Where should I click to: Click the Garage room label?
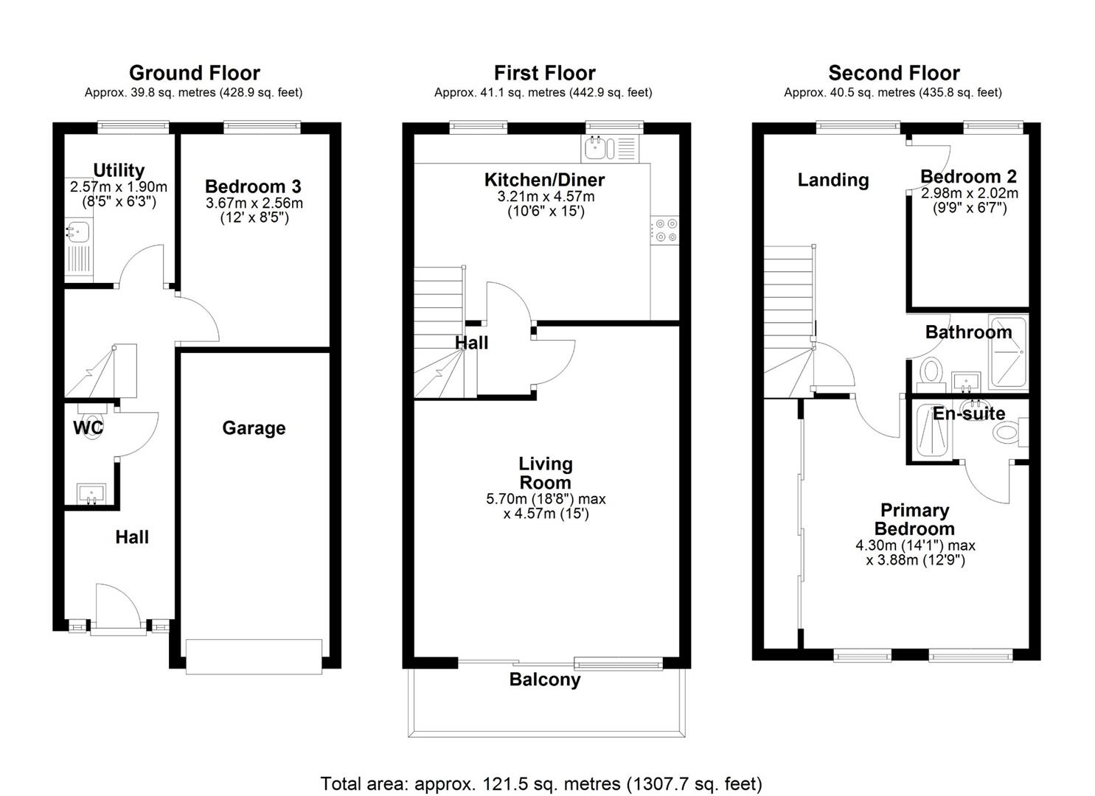(254, 428)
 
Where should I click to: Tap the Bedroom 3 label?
(253, 186)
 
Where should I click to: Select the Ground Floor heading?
(195, 73)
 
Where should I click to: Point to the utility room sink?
(77, 231)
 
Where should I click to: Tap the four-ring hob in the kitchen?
(665, 230)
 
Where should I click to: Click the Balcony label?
(545, 680)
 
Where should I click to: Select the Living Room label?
(546, 473)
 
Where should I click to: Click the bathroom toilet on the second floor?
(931, 374)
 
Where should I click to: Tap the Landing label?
(833, 181)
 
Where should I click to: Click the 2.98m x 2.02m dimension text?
(970, 193)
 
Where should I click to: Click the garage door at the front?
(254, 657)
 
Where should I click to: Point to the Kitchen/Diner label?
(545, 180)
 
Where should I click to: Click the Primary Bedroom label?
(914, 520)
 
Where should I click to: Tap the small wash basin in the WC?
(91, 493)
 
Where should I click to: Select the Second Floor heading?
(894, 73)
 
